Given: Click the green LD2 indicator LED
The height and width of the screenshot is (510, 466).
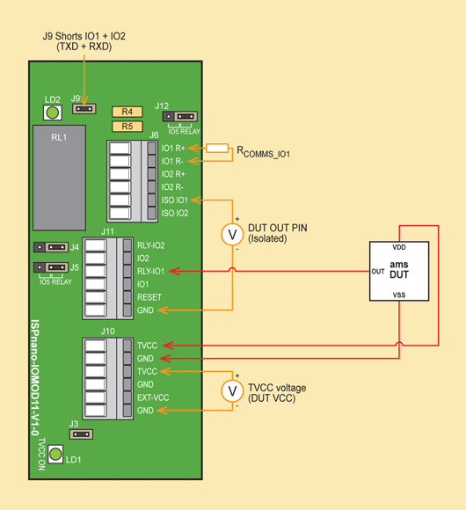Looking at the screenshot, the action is pos(53,113).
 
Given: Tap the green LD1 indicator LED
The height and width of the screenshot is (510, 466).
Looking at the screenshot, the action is pos(55,454).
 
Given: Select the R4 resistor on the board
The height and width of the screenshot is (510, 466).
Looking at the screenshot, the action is pos(127,112).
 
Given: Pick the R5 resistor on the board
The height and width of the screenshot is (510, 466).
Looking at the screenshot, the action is pos(127,127).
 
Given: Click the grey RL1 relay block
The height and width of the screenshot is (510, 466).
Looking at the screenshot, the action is pos(60,178).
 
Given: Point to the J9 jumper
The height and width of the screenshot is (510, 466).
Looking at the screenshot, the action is pos(84,109).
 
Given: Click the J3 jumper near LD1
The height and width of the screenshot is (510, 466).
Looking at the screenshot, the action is pos(81,434).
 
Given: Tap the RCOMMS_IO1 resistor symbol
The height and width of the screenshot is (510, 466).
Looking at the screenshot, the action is pos(217,149).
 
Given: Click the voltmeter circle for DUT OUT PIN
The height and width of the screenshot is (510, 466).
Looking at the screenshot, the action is pos(232,234).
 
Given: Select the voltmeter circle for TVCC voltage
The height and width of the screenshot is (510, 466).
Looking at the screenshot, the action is pos(232,391).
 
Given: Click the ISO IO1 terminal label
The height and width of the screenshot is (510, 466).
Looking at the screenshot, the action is pos(175,200).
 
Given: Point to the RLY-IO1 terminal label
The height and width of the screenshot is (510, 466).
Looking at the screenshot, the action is pos(150,271).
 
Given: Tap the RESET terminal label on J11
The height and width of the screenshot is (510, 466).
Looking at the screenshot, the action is pos(149,297).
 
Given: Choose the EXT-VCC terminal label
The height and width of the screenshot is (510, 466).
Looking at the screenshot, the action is pos(153,397).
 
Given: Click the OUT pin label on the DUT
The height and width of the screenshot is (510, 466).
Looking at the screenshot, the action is pos(378,271).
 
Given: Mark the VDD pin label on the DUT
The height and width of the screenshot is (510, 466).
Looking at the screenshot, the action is pos(399,247).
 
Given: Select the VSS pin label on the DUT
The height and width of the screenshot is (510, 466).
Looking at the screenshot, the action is pos(399,295).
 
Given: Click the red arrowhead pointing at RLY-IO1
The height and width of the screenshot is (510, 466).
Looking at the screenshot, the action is pos(175,271).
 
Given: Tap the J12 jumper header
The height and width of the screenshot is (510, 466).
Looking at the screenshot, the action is pos(180,116).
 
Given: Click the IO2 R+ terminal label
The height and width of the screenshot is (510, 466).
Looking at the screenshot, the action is pos(173,174).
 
